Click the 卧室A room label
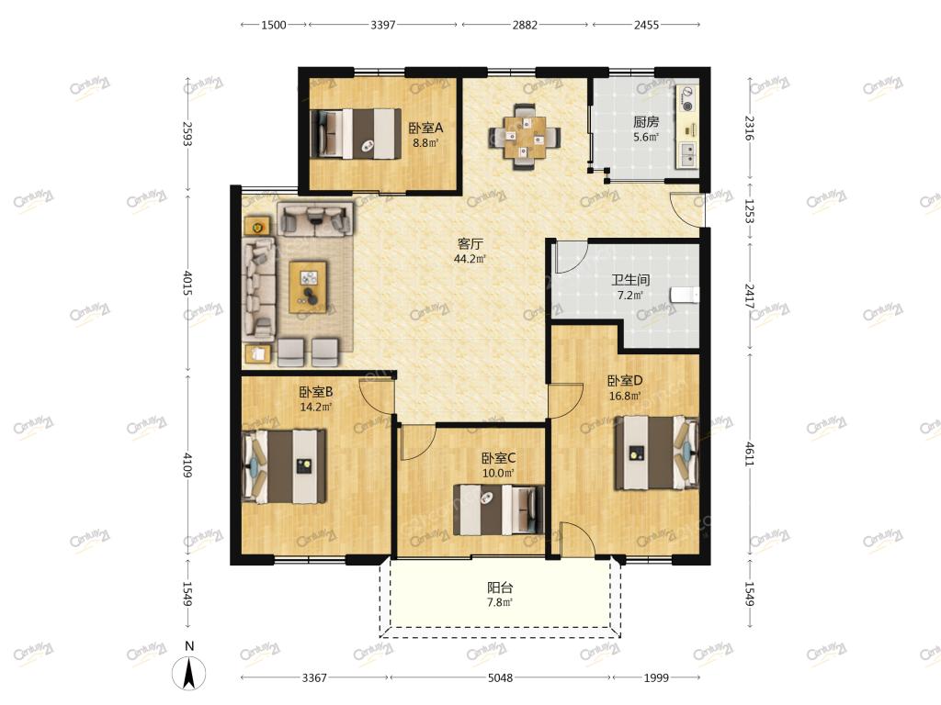click(x=425, y=128)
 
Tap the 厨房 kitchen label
click(x=646, y=122)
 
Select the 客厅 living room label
click(x=470, y=243)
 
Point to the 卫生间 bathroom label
click(x=630, y=279)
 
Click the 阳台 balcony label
click(x=499, y=587)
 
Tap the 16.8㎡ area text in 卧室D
click(x=625, y=396)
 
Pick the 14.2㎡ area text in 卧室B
click(x=316, y=407)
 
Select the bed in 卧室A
click(x=356, y=134)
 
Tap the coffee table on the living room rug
click(x=309, y=286)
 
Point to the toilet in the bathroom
click(x=685, y=295)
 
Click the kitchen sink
click(x=687, y=153)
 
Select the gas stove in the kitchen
click(x=687, y=99)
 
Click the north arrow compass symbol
click(x=189, y=673)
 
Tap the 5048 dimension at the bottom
click(x=500, y=677)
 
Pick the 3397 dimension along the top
click(x=383, y=25)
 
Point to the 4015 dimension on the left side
click(x=187, y=283)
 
